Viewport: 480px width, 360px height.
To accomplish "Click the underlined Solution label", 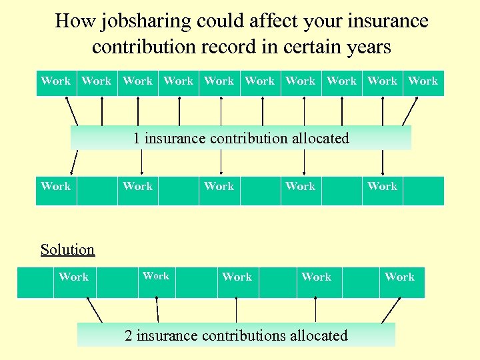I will [x=67, y=250].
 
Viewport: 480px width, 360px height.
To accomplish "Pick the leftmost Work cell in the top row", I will [x=55, y=81].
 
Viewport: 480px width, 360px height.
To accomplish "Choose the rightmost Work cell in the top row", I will [x=423, y=81].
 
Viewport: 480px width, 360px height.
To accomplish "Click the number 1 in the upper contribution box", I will [x=137, y=139].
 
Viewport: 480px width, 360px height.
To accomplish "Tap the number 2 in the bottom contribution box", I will [x=129, y=335].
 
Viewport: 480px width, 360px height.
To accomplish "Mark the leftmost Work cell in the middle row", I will [x=55, y=187].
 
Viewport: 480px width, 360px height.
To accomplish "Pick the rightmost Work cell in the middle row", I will [x=382, y=187].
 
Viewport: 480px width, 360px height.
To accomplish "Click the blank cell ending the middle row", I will [x=423, y=190].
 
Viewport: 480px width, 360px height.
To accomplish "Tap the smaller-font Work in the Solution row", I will [x=156, y=276].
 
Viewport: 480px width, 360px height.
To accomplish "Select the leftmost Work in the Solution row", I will [x=73, y=277].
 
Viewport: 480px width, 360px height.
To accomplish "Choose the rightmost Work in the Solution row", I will [x=399, y=277].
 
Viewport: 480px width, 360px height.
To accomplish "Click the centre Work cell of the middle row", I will [x=219, y=187].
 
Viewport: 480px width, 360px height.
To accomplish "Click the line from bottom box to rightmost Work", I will [x=391, y=310].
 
